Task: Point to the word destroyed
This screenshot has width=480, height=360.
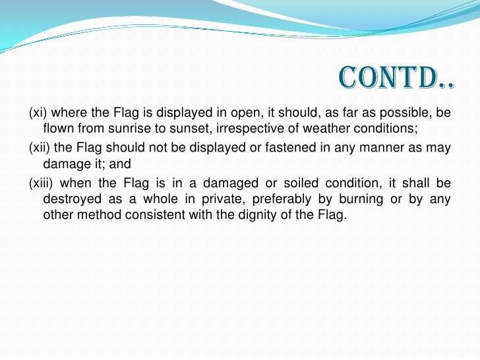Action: [69, 198]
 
